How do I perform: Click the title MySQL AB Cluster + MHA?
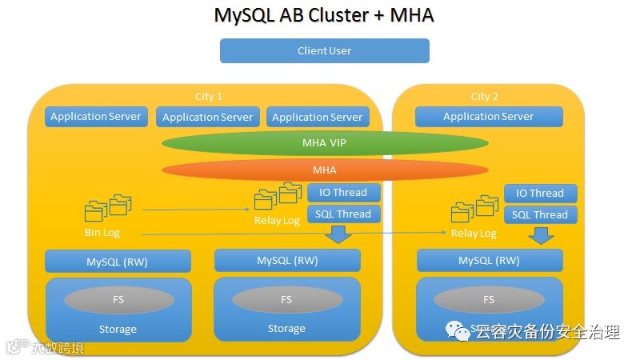click(324, 16)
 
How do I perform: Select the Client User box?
click(324, 50)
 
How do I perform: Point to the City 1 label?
click(209, 96)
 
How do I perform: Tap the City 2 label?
click(485, 96)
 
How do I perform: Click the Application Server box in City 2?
click(488, 117)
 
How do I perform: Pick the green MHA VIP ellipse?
click(325, 143)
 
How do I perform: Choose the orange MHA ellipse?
click(325, 170)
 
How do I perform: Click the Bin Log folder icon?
click(107, 207)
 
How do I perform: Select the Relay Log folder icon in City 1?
click(277, 196)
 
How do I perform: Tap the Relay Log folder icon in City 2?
click(473, 209)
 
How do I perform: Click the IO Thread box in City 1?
click(343, 193)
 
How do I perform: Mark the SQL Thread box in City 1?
click(343, 214)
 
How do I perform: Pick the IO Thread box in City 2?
click(540, 194)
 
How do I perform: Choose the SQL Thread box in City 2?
click(540, 215)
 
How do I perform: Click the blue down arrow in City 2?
click(541, 235)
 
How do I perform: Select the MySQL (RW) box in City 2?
click(489, 261)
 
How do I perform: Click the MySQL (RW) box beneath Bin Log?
click(118, 262)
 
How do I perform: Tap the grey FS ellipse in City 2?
click(489, 299)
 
